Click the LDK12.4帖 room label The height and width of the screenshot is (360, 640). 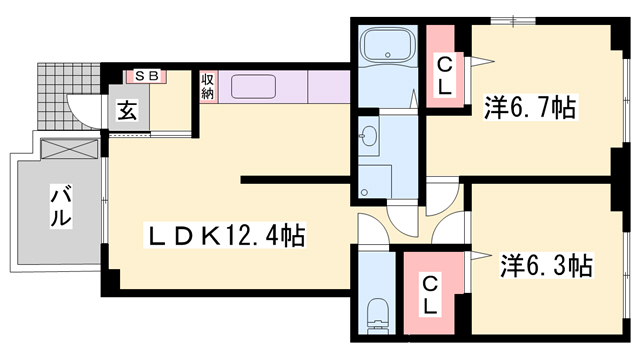click(x=227, y=237)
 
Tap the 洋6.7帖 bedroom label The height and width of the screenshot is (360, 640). click(x=531, y=108)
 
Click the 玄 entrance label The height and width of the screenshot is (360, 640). click(x=129, y=111)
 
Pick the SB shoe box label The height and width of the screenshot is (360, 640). click(x=146, y=76)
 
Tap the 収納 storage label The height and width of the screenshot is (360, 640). click(x=208, y=86)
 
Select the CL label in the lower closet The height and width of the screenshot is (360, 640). click(x=430, y=295)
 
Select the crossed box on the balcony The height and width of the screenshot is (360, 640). click(x=71, y=151)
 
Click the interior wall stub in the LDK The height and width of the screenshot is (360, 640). click(x=295, y=181)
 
